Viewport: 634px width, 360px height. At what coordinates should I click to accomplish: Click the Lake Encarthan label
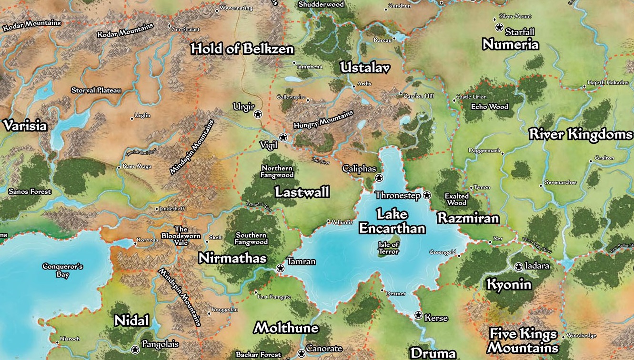tap(392, 221)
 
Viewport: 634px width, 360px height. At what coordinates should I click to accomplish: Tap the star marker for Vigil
tap(283, 137)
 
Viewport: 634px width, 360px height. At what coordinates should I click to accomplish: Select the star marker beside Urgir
tap(258, 114)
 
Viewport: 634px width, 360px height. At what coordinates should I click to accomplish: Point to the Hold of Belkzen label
tap(242, 49)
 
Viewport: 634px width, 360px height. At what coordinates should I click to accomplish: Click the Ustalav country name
tap(365, 68)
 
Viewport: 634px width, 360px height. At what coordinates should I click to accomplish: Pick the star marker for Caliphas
tap(379, 178)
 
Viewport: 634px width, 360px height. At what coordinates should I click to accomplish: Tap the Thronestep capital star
tap(427, 195)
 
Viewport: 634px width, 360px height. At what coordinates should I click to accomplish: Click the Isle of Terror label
tap(388, 248)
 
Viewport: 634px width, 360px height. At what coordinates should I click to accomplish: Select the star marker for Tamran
tap(281, 268)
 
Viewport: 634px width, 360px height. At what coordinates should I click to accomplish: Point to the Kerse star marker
tap(418, 315)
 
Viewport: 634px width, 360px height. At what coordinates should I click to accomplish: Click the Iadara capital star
tap(519, 266)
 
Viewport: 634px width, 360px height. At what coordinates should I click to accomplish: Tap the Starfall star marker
tap(499, 28)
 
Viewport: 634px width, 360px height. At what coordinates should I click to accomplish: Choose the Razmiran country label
tap(468, 219)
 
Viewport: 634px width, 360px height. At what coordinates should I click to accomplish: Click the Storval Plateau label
tap(96, 90)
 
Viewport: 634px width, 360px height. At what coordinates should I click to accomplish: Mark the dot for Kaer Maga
tap(119, 167)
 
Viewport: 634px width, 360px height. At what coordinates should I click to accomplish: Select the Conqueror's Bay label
tap(62, 270)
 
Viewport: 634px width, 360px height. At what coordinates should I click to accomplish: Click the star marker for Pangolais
tap(135, 350)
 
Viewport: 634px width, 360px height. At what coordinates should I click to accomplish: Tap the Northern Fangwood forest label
tap(277, 171)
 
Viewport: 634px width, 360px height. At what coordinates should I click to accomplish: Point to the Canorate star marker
tap(301, 353)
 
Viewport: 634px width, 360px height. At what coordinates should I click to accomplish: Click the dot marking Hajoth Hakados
tap(584, 87)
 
